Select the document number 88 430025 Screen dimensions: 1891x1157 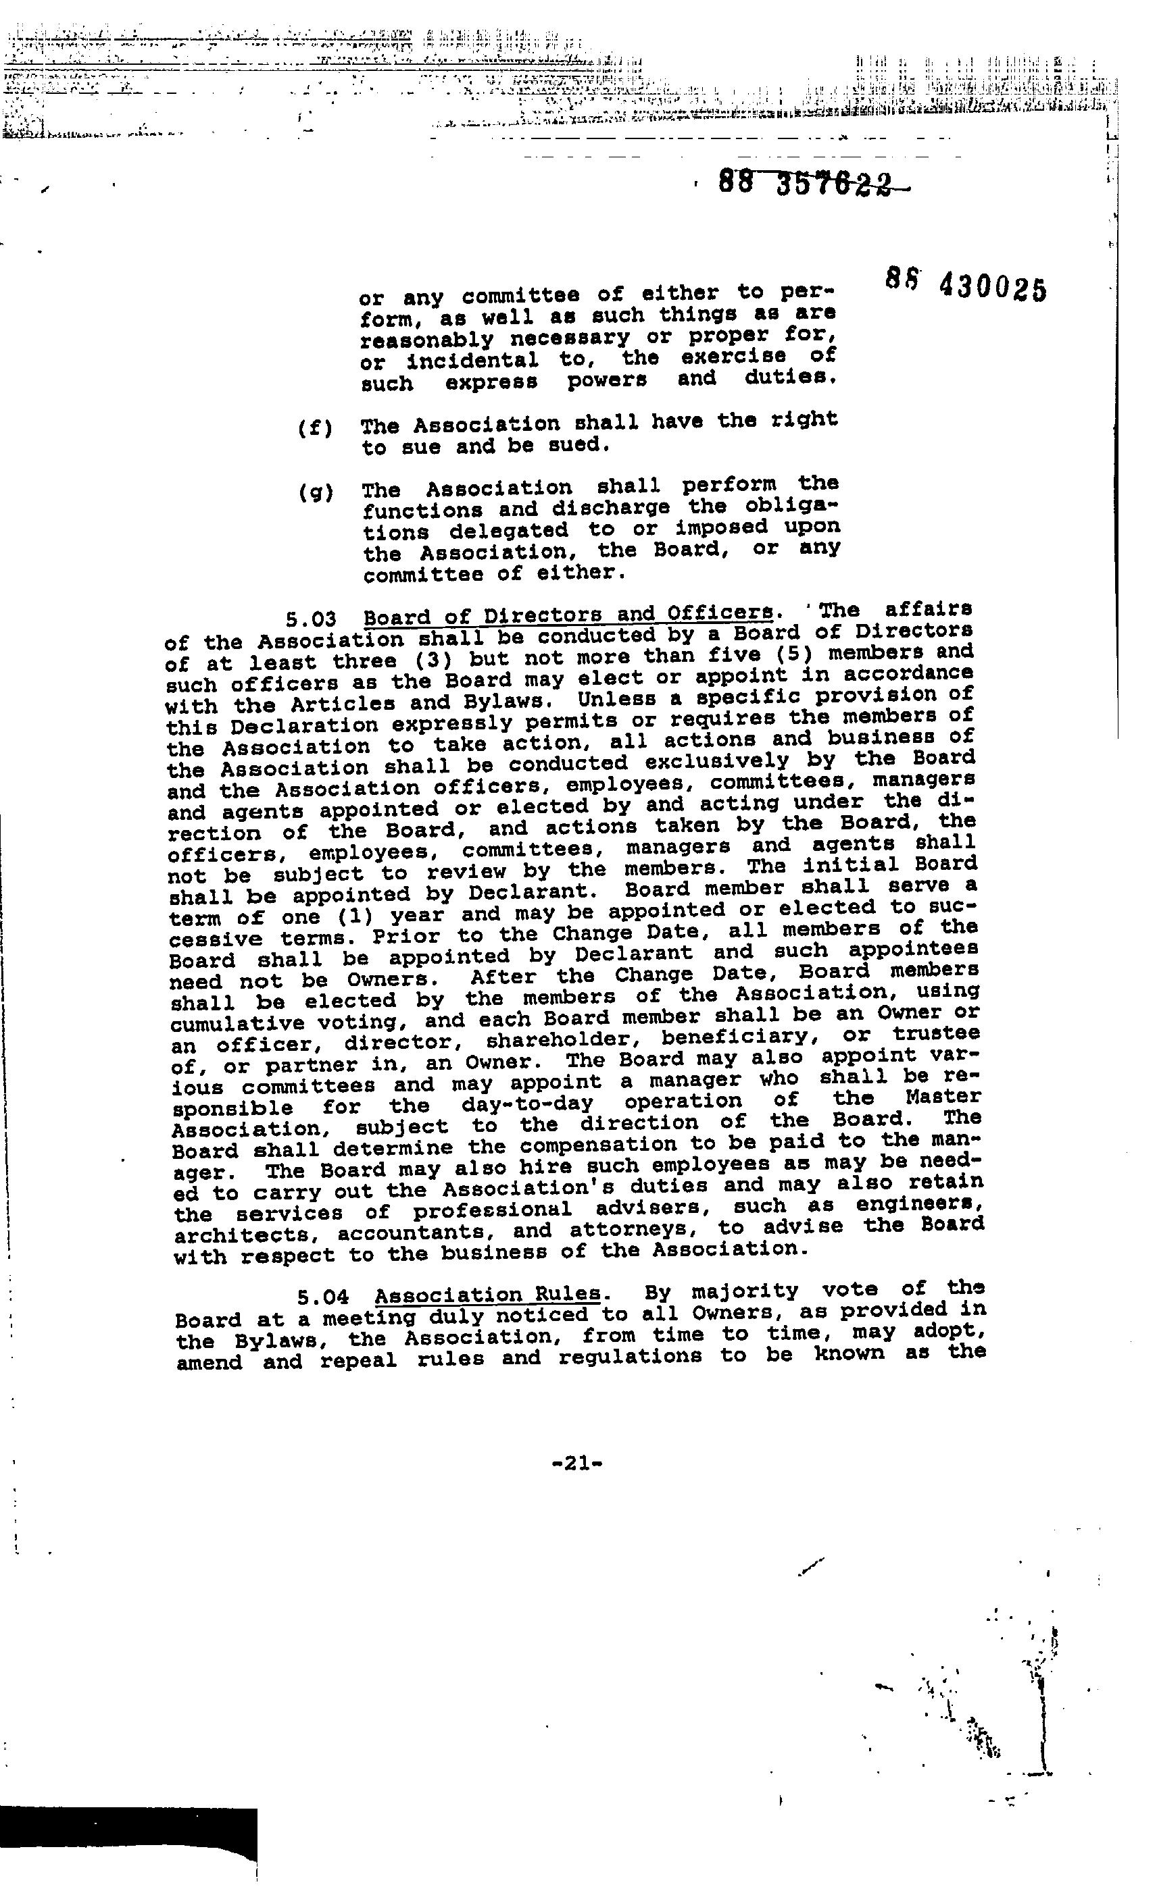click(966, 286)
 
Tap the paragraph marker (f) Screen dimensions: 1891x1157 click(315, 428)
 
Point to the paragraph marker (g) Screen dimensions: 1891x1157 click(316, 492)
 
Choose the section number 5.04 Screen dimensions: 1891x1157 click(323, 1297)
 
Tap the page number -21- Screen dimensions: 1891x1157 click(576, 1463)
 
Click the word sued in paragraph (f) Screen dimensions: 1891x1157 click(574, 445)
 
